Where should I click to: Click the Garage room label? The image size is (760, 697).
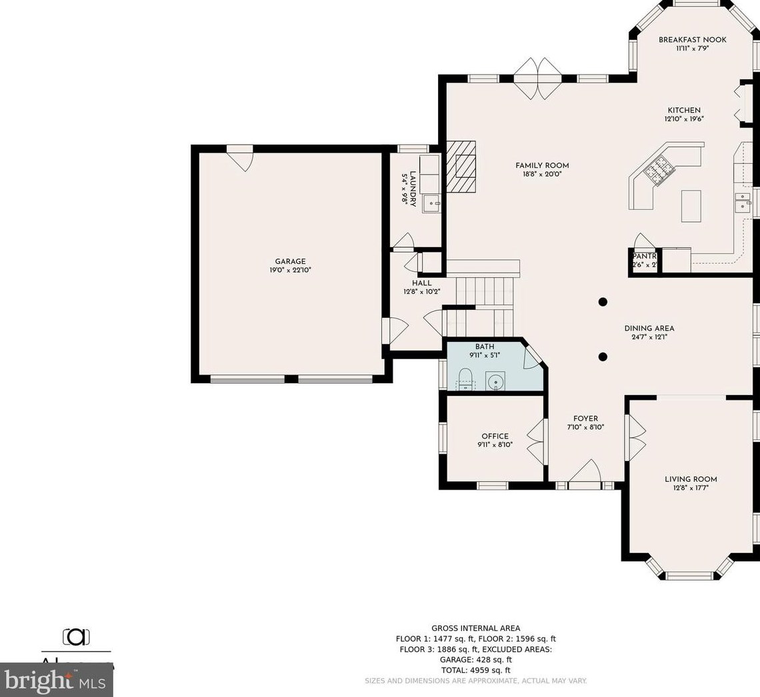pos(290,261)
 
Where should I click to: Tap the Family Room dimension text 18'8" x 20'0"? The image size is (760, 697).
pos(542,175)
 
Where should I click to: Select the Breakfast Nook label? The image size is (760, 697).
pos(692,40)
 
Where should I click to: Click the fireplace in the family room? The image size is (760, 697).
pos(461,166)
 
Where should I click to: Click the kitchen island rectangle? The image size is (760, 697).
pos(691,205)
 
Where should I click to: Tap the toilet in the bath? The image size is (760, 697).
pos(465,378)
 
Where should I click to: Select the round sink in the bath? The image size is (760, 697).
pos(495,382)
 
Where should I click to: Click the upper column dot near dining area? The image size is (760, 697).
pos(603,302)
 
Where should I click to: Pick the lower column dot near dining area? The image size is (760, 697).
pos(603,356)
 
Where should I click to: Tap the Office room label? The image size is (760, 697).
pos(495,436)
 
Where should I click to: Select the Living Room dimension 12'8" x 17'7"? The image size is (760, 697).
pos(691,488)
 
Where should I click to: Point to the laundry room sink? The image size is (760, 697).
pos(431,202)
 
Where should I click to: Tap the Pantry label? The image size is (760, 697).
pos(644,256)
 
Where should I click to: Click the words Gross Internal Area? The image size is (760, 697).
pos(475,628)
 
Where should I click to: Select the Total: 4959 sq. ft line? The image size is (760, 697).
pos(475,670)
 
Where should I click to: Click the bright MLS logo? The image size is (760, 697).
pos(56,681)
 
